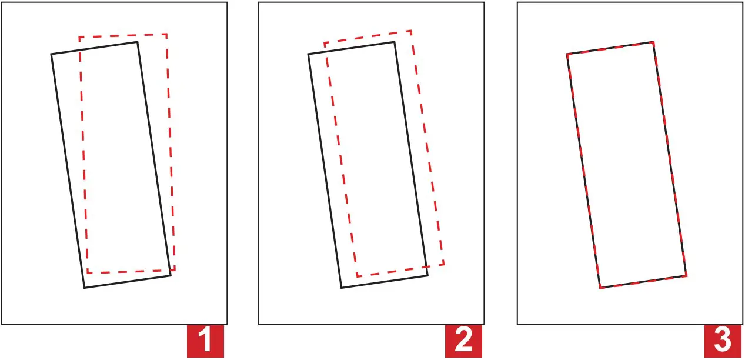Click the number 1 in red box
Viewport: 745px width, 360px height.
pyautogui.click(x=205, y=341)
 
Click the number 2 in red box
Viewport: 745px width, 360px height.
pyautogui.click(x=464, y=341)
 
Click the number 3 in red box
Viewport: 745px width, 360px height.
pyautogui.click(x=723, y=341)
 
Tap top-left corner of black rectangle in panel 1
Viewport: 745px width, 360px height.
pyautogui.click(x=51, y=54)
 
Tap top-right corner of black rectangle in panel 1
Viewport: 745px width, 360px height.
pyautogui.click(x=138, y=42)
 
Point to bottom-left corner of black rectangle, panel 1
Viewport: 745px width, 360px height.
pyautogui.click(x=85, y=288)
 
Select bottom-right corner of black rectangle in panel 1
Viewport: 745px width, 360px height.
pyautogui.click(x=171, y=275)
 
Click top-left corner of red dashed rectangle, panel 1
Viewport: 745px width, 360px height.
pyautogui.click(x=79, y=37)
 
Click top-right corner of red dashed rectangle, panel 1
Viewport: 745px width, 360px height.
pyautogui.click(x=167, y=34)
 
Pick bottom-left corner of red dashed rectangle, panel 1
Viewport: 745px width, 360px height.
pyautogui.click(x=88, y=273)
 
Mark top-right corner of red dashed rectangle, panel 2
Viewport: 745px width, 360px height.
pyautogui.click(x=410, y=31)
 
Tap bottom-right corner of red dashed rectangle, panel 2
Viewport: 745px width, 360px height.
pyautogui.click(x=443, y=264)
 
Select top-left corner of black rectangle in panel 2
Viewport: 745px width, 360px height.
pyautogui.click(x=308, y=54)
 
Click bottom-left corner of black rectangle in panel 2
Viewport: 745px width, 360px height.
pyautogui.click(x=342, y=288)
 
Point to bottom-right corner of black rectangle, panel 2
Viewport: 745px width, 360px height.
pyautogui.click(x=427, y=275)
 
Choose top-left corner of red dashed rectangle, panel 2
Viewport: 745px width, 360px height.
pyautogui.click(x=324, y=43)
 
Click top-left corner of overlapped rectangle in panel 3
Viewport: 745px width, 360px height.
pyautogui.click(x=567, y=54)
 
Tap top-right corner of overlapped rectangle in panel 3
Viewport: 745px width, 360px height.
pyautogui.click(x=653, y=42)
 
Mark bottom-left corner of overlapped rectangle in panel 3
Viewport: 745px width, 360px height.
pyautogui.click(x=600, y=288)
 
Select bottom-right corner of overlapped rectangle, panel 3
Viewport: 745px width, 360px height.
pyautogui.click(x=686, y=275)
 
